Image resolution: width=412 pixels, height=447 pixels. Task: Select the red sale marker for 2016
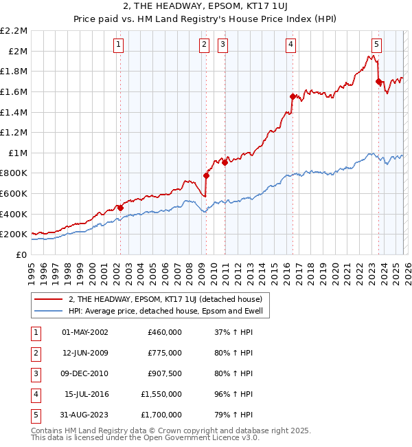(x=293, y=97)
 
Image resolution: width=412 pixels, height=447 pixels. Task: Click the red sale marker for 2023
(x=378, y=82)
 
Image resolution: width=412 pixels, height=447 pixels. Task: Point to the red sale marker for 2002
(x=120, y=208)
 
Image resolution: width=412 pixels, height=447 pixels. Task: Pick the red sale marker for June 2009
(x=206, y=175)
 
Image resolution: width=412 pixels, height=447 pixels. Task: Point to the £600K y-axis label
(x=14, y=193)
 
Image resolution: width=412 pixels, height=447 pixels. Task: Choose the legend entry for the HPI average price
(x=169, y=312)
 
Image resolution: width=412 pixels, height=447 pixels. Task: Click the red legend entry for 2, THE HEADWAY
(x=170, y=299)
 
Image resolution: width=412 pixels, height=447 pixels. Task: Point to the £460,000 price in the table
(x=165, y=332)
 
